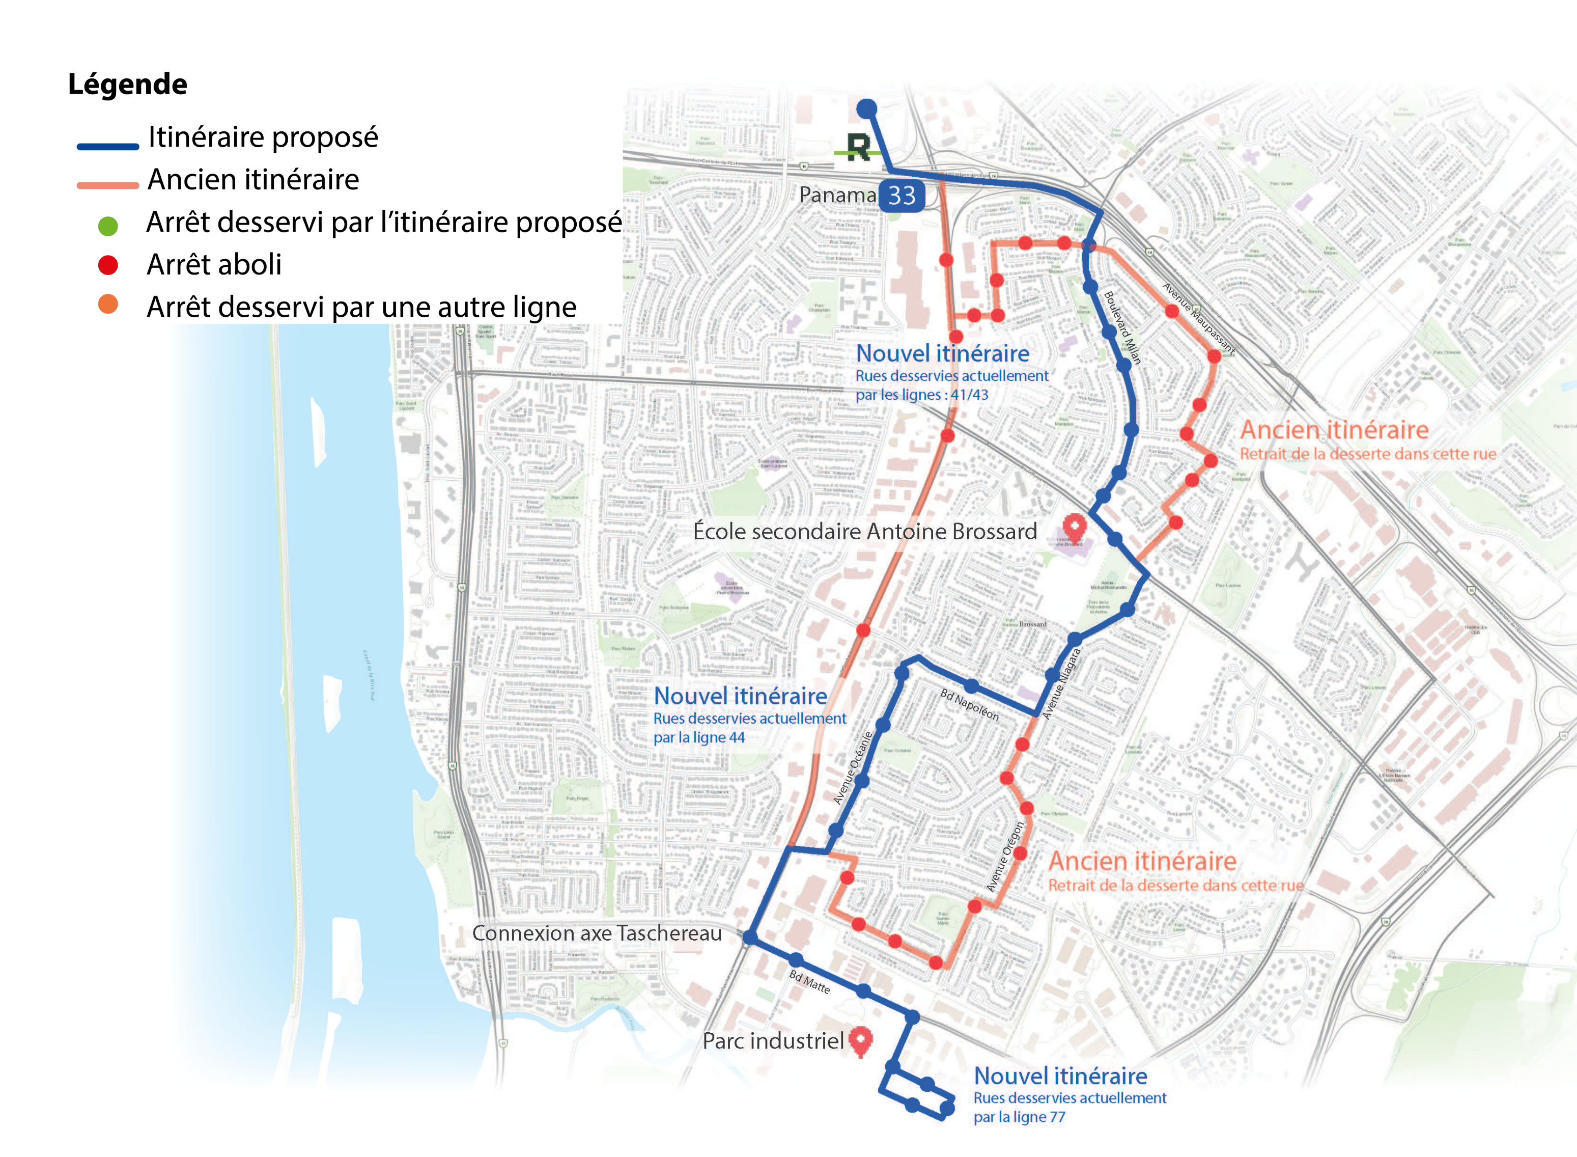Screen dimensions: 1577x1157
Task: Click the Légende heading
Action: pos(127,84)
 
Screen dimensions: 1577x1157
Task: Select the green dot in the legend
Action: pos(108,226)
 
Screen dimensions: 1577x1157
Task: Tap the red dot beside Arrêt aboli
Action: pos(108,265)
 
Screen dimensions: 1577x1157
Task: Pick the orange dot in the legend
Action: pos(108,305)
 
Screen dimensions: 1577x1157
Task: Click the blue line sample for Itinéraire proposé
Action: pos(108,146)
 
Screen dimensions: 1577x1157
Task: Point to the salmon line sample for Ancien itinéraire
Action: pos(108,185)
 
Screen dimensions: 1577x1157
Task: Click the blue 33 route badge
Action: pos(902,196)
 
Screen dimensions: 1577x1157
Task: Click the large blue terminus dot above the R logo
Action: pos(866,108)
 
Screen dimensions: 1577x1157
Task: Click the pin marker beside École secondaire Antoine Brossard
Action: pos(1074,528)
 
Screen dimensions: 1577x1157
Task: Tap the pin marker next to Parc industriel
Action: pos(861,1040)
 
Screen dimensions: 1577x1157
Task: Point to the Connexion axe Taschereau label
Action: pos(597,933)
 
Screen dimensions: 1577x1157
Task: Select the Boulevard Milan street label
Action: pos(1122,327)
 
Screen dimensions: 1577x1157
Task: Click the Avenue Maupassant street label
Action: pos(1198,317)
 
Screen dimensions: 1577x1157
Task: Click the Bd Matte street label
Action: pos(810,981)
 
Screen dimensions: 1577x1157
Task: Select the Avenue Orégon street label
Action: pos(1005,856)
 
